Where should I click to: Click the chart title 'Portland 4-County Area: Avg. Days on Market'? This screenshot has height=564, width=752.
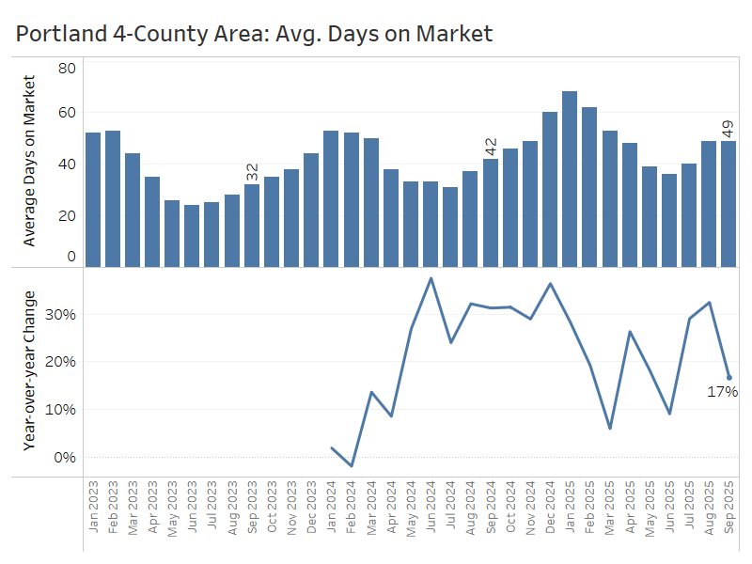(254, 34)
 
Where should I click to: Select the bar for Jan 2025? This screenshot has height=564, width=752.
(570, 179)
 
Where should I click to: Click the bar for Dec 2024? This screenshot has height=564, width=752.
(550, 189)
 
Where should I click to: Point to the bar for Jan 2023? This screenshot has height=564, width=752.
(93, 199)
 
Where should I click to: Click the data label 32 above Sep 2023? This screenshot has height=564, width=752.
(252, 172)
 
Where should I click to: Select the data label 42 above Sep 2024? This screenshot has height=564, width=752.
(491, 147)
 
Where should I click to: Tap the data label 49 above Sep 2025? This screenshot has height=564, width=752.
(728, 129)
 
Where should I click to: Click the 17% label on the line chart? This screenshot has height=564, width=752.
(722, 391)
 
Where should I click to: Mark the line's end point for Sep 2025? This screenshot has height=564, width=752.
(728, 378)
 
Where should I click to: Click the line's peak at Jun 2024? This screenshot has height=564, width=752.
(431, 278)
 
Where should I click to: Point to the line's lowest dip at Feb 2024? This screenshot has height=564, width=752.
(352, 465)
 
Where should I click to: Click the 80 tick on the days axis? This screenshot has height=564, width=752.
(67, 68)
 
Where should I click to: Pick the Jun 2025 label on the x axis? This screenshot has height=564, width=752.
(669, 508)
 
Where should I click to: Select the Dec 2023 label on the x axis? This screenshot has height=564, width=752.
(311, 508)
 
